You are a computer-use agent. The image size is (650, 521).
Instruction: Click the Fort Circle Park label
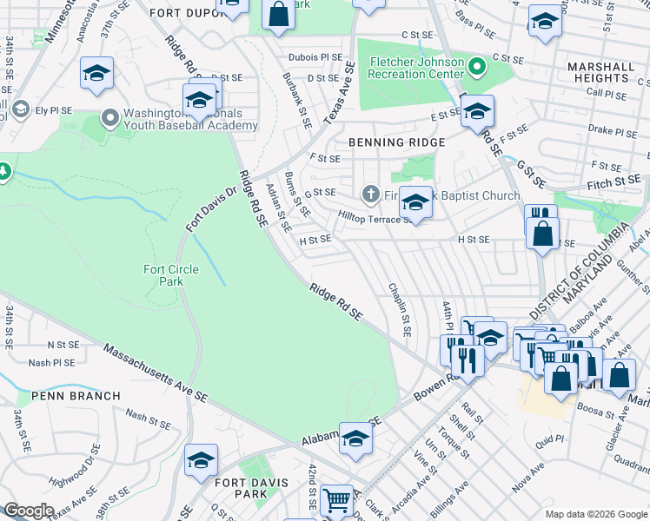tap(171, 275)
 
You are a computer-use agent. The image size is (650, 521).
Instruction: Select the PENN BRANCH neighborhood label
tap(76, 396)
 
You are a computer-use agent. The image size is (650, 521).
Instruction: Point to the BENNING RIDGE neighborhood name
tap(397, 142)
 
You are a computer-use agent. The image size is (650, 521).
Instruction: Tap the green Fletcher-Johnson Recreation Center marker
tap(475, 66)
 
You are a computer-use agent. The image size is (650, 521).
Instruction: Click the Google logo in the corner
tap(29, 511)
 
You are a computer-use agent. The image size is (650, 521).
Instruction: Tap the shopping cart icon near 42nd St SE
tap(336, 499)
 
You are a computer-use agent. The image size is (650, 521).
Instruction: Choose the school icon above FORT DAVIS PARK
tap(201, 459)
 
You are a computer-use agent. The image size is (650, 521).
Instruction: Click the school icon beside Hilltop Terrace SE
tap(416, 202)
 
